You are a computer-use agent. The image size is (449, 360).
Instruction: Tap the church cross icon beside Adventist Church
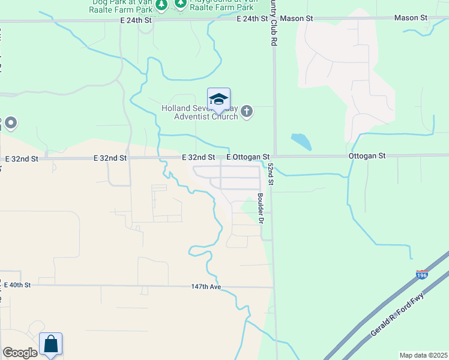tap(247, 112)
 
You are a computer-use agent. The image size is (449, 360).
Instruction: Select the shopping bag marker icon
tap(51, 344)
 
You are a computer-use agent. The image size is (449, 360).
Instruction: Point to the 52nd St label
tap(271, 173)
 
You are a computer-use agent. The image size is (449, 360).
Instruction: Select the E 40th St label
tap(16, 285)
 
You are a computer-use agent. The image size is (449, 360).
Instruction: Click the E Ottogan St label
tap(247, 157)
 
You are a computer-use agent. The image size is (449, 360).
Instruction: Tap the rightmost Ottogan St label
tap(367, 155)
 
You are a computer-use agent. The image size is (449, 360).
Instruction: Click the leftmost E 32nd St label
tap(22, 159)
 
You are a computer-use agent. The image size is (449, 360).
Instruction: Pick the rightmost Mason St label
tap(411, 18)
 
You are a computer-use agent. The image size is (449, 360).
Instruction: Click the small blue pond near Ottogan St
tap(301, 142)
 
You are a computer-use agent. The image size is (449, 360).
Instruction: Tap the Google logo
tap(19, 353)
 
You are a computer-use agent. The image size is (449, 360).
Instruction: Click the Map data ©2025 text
tap(423, 355)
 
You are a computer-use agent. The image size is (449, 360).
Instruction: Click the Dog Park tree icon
tap(161, 5)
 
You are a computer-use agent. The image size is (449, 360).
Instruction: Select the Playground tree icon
tap(181, 4)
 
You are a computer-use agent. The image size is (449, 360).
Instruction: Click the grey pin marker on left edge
tap(10, 124)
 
